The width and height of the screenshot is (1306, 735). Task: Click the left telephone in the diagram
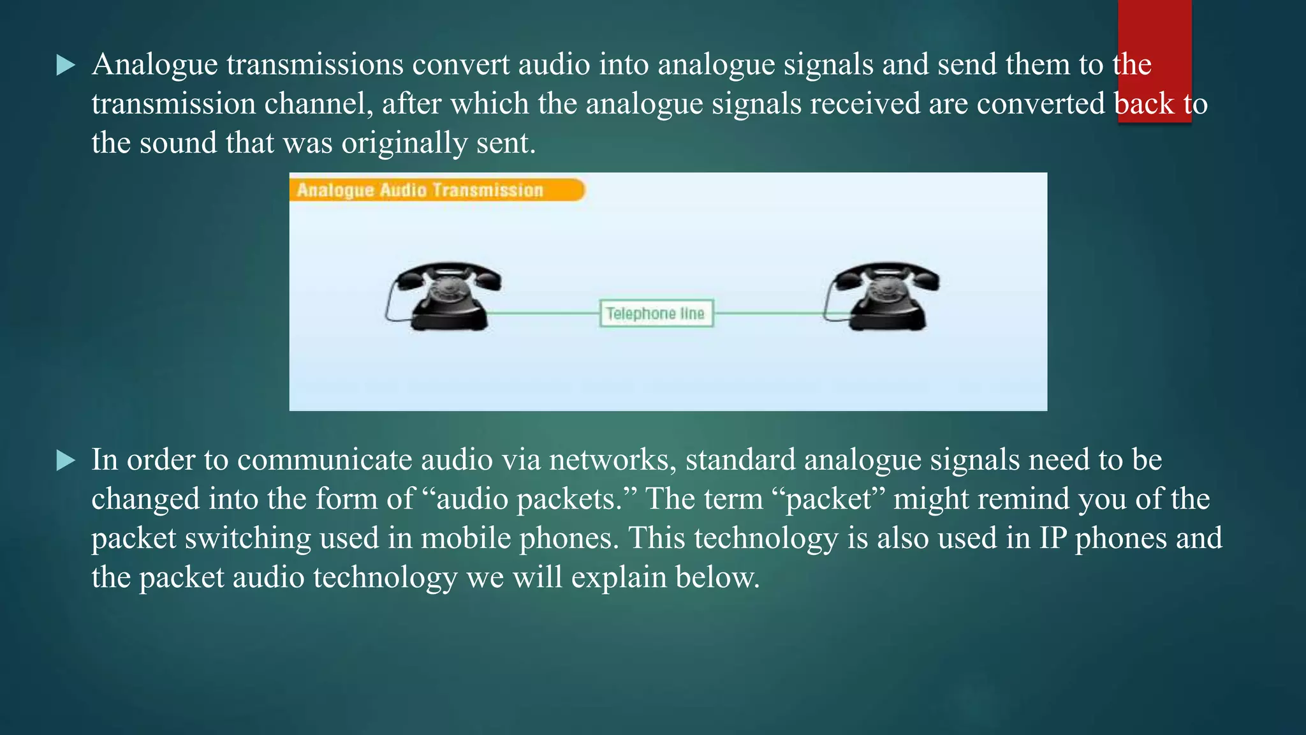pyautogui.click(x=444, y=297)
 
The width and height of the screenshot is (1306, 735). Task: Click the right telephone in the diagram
pyautogui.click(x=883, y=297)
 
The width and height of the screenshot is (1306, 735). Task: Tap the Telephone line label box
pyautogui.click(x=656, y=313)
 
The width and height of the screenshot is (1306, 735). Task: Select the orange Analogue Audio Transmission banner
pyautogui.click(x=436, y=190)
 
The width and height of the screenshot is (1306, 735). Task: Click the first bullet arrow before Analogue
pyautogui.click(x=66, y=64)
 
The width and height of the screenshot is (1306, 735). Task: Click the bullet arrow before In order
pyautogui.click(x=66, y=460)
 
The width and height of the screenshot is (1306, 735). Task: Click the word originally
pyautogui.click(x=404, y=144)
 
